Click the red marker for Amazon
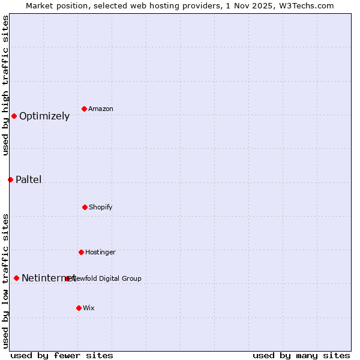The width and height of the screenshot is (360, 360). pos(85,109)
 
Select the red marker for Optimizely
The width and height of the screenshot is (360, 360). pos(14,116)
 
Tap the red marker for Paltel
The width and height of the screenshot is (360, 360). pos(10,179)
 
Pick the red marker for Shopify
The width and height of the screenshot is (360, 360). pos(85,207)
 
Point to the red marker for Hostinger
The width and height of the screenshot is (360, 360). pos(81,252)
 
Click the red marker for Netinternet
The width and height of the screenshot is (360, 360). pos(16,278)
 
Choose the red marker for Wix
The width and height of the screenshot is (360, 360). pos(79,308)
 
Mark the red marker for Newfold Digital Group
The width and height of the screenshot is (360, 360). pos(68,278)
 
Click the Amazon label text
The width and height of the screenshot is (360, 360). pos(101,109)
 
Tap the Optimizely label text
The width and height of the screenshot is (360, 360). pos(44,116)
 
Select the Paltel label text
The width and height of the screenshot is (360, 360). pos(29,179)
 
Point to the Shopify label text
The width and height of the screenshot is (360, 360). pos(101,207)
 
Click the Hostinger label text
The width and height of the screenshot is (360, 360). pos(100,252)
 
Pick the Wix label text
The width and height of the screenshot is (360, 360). pos(89,308)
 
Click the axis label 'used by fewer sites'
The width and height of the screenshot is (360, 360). pos(62,355)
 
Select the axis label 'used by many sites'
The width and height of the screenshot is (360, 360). pos(301,355)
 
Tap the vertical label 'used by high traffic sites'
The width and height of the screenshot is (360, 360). pos(5,85)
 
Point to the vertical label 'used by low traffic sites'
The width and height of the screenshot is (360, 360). pos(5,281)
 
